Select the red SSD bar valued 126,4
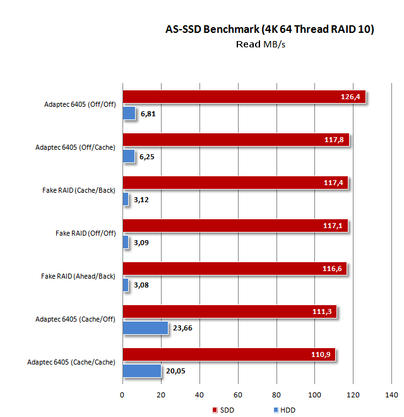coord(244,97)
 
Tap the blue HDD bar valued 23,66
coord(145,327)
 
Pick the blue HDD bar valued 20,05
coord(141,370)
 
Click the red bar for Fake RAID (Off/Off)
coord(235,226)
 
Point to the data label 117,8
coord(332,140)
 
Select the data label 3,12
coord(141,200)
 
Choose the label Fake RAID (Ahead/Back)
coord(78,276)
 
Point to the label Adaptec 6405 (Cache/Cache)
coord(71,362)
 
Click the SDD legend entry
coord(224,410)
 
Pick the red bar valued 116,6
coord(234,269)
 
